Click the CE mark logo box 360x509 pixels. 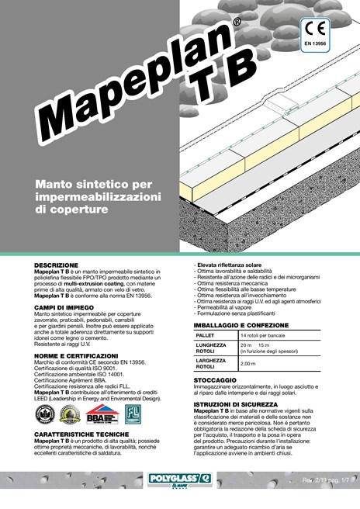(x=318, y=36)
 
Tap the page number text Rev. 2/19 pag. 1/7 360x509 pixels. (x=325, y=481)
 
